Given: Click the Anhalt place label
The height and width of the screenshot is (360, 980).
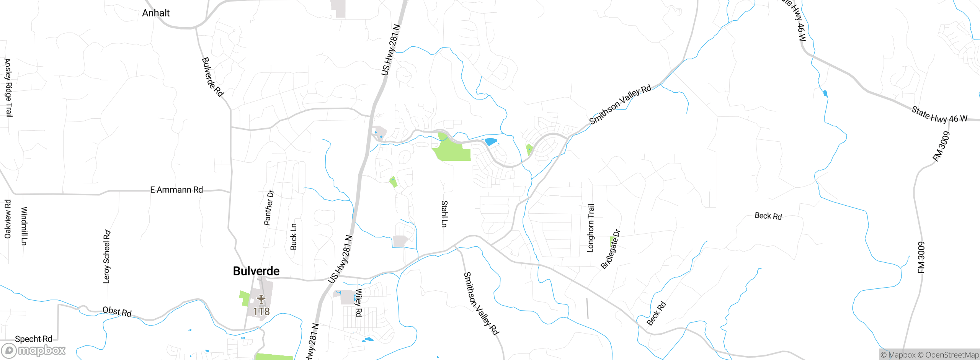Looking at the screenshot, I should [156, 13].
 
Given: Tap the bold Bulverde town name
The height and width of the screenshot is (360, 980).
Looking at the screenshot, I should [256, 271].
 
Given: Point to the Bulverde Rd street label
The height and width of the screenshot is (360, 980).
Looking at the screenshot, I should [212, 77].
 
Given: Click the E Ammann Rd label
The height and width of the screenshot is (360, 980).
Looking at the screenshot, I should [176, 190].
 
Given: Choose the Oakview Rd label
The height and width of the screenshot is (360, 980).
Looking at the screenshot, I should [8, 219].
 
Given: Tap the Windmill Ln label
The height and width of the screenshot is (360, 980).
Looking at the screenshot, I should [24, 226].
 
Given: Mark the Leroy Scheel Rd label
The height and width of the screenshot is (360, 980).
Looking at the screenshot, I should [107, 257].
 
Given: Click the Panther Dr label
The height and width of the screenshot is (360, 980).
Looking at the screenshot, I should [269, 208].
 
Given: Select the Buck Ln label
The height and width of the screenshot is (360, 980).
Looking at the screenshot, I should [294, 237].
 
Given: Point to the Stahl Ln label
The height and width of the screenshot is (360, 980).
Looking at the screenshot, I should [444, 214].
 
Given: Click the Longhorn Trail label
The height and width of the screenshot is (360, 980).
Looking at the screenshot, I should [591, 228].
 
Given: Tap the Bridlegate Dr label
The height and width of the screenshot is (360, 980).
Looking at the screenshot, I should [610, 249].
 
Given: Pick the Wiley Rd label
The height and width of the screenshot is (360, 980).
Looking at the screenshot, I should [359, 303].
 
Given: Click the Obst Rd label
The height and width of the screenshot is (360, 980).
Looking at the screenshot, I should [117, 312].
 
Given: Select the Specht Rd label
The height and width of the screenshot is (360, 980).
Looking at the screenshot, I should [33, 339].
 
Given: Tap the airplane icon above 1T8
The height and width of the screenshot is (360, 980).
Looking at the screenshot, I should [261, 299].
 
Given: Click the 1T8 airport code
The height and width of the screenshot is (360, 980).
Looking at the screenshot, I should [261, 312].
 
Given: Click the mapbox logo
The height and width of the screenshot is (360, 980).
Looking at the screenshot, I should [34, 350].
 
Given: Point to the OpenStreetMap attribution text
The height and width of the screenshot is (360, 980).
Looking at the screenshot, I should [952, 355].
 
